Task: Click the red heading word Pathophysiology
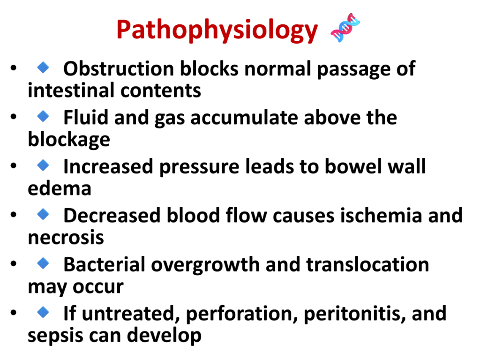point(217,30)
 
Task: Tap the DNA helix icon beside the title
point(345,28)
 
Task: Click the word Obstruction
point(119,68)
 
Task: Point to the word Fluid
point(86,117)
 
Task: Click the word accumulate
point(244,118)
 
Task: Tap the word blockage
point(69,140)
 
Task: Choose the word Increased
point(108,166)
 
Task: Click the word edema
point(60,188)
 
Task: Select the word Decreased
point(112,216)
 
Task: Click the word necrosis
point(66,238)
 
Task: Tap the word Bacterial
point(105,264)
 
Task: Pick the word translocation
point(367,264)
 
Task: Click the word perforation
point(242,314)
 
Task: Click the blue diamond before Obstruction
point(43,67)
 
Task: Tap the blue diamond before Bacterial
point(43,263)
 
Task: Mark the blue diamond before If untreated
point(43,312)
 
